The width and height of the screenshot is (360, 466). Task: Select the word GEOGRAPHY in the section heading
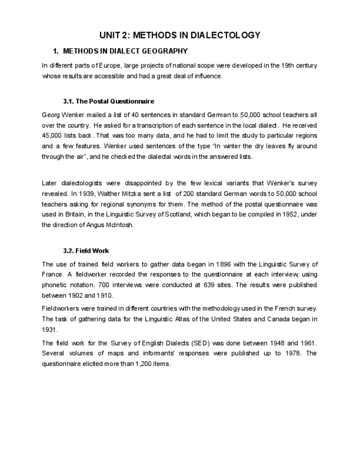(165, 51)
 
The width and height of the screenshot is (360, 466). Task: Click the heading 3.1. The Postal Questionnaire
(108, 101)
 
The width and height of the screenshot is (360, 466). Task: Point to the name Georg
(51, 115)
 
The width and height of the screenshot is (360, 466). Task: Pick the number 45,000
(52, 136)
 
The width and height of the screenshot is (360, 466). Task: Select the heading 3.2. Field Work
(86, 251)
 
